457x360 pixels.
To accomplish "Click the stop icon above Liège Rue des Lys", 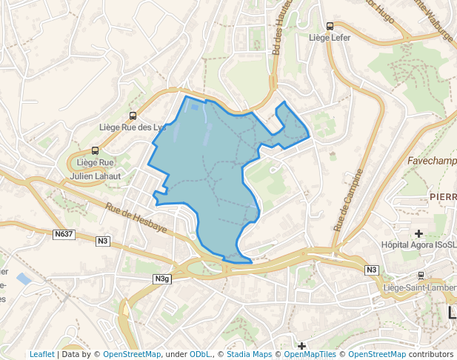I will coord(133,116).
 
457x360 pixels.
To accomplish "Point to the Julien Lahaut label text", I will coord(96,176).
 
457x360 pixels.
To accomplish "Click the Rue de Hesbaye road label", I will coord(135,219).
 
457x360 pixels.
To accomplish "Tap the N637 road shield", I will coord(64,234).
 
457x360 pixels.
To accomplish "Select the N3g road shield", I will coord(163,279).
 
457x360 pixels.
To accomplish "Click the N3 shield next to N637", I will coord(103,240).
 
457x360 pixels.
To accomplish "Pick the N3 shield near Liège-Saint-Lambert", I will coord(372,270).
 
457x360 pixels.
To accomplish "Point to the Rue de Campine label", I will coord(348,200).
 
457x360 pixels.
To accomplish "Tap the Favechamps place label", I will coord(432,160).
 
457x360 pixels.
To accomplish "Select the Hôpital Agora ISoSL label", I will coord(419,244).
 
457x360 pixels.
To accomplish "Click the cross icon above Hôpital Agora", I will coord(418,233).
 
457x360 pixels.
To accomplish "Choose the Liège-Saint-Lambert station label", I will coord(419,287).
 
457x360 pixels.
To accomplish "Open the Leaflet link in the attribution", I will coord(42,354).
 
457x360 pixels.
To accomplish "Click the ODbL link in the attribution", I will coord(200,354).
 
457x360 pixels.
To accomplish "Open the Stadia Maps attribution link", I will coord(249,354).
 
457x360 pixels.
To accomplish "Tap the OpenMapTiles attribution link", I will coord(311,354).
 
